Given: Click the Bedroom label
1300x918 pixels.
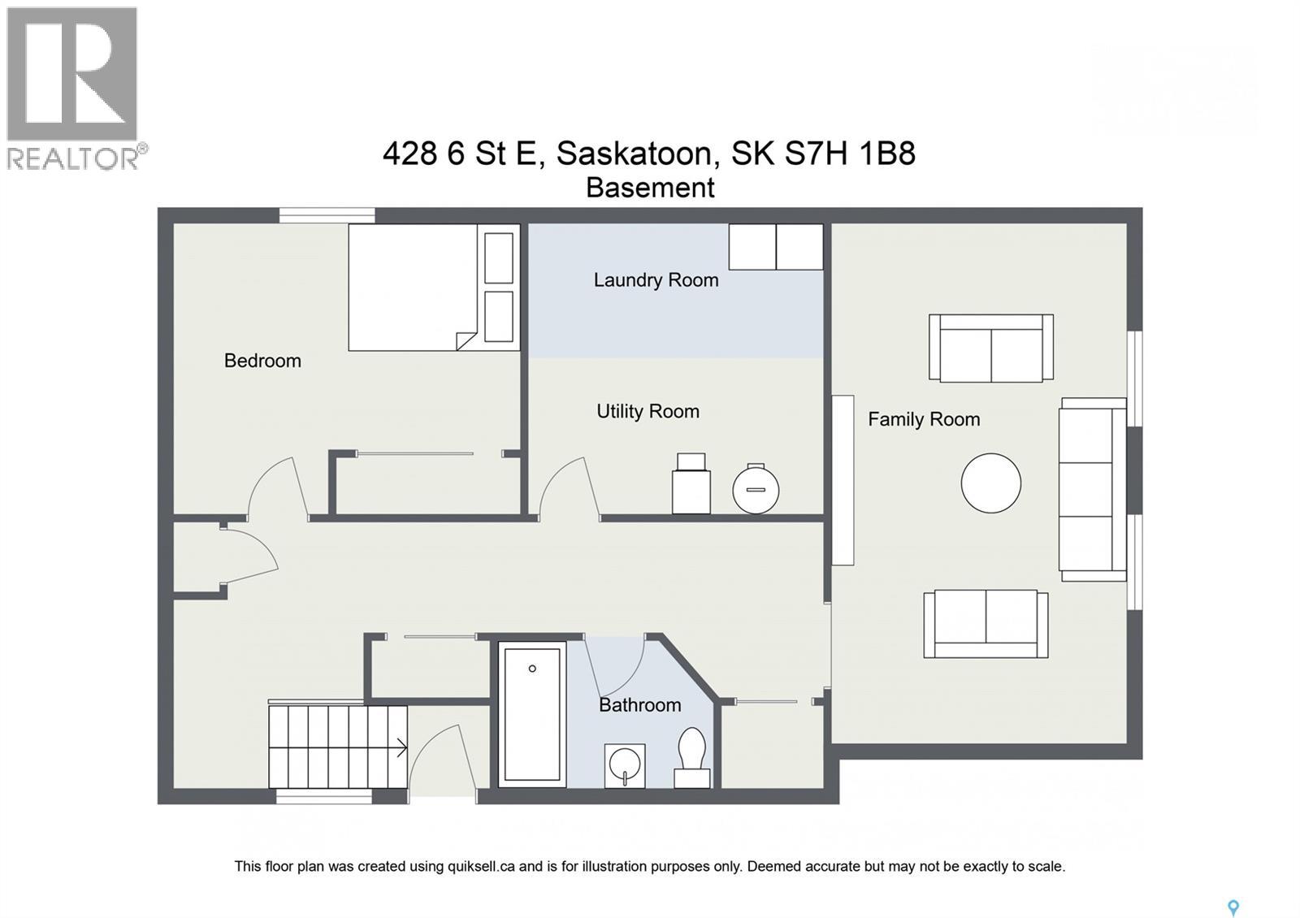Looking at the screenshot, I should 262,361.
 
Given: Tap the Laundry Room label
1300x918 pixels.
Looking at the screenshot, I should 656,280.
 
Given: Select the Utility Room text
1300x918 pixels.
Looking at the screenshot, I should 648,412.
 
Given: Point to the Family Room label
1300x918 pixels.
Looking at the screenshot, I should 924,419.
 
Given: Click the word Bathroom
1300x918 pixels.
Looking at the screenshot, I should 639,705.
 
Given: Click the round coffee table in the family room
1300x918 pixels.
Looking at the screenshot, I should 990,483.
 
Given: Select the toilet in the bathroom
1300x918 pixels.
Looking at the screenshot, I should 692,756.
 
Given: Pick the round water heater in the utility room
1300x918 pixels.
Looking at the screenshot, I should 756,489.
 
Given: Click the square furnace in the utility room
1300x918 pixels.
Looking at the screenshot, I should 691,485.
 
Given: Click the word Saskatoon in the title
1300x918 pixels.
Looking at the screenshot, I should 635,153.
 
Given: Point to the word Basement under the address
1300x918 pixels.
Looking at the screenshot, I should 650,188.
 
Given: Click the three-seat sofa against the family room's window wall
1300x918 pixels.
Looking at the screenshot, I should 1091,489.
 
